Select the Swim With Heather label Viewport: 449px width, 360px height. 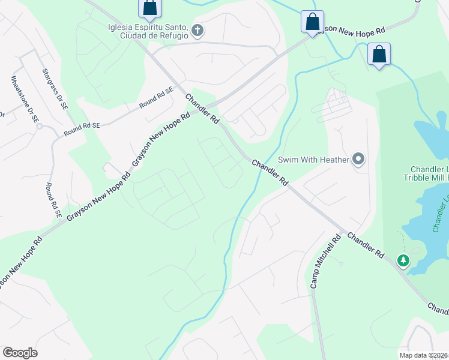click(x=314, y=160)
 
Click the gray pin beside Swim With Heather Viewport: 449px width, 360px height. click(x=359, y=159)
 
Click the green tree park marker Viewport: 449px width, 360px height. click(x=403, y=260)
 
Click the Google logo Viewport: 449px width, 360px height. click(x=20, y=353)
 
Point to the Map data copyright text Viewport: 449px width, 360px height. click(x=424, y=355)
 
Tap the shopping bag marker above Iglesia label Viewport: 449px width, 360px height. click(x=149, y=8)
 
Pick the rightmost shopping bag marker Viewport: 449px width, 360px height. click(x=379, y=55)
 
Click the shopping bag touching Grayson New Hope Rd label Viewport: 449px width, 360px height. click(x=312, y=22)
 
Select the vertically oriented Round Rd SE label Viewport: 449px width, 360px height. click(x=54, y=200)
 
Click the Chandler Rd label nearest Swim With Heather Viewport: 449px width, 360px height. click(x=270, y=172)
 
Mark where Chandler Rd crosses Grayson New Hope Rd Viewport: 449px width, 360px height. click(x=207, y=108)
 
